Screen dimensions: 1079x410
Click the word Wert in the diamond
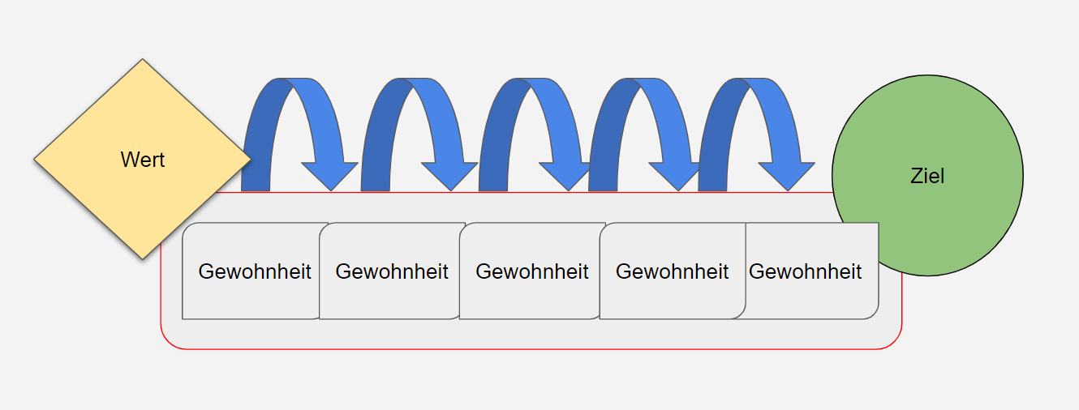click(x=142, y=160)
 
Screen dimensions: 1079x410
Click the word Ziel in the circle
click(x=927, y=176)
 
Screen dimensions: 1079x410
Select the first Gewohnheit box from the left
click(x=254, y=271)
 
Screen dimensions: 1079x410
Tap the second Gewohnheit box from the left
click(x=391, y=271)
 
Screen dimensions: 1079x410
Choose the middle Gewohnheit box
click(x=531, y=271)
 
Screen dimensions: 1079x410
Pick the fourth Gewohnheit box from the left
click(x=672, y=271)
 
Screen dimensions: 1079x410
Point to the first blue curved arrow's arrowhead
click(x=329, y=175)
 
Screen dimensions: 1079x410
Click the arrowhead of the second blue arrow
click(x=449, y=175)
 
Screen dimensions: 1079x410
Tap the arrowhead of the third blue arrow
click(x=567, y=175)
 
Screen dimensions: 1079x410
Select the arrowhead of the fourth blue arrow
click(x=677, y=175)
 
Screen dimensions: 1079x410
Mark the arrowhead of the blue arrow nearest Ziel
click(x=786, y=175)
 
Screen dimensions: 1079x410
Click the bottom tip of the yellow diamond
click(x=142, y=258)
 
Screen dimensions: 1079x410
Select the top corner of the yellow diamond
click(x=142, y=61)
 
